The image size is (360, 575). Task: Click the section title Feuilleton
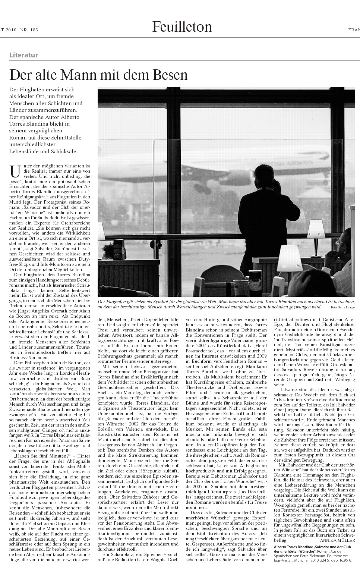[x=182, y=27]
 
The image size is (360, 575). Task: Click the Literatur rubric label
[x=23, y=55]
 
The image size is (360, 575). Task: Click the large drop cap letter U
[x=15, y=172]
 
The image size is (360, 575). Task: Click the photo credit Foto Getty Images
[x=342, y=307]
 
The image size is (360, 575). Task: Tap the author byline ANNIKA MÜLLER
[x=337, y=540]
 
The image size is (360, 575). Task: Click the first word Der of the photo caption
[x=101, y=301]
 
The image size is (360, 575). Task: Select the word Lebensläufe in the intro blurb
[x=25, y=151]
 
